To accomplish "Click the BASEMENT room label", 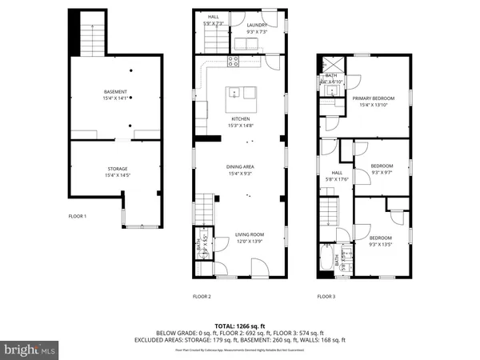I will [118, 92].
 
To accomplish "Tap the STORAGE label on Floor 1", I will [118, 169].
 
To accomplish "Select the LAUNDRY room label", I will [257, 26].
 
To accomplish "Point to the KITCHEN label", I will [241, 120].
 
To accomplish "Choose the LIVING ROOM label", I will [250, 234].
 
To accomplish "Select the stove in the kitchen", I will [235, 60].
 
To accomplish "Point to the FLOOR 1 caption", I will [78, 216].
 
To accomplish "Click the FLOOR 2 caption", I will [202, 296].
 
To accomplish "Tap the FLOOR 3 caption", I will [326, 296].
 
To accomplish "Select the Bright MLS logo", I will [30, 350].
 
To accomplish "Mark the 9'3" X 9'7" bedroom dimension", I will [382, 171].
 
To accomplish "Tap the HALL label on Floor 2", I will [214, 16].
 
